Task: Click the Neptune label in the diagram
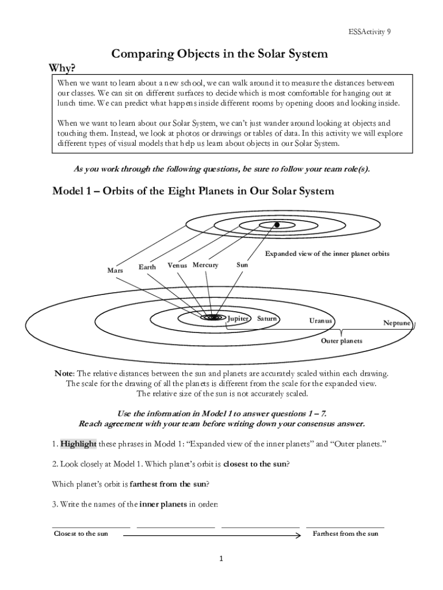[x=397, y=323]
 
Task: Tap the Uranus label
[x=320, y=320]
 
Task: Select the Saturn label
[x=268, y=318]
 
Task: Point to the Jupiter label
[x=238, y=318]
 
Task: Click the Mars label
[x=115, y=270]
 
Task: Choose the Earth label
[x=147, y=267]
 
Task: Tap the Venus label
[x=177, y=265]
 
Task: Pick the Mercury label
[x=205, y=265]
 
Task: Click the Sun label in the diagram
[x=242, y=265]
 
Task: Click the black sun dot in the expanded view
[x=277, y=225]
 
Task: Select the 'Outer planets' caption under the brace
[x=342, y=341]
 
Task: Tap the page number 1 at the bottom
[x=221, y=558]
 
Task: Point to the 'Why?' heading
[x=62, y=69]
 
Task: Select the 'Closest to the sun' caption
[x=81, y=534]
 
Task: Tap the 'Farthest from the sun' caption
[x=345, y=534]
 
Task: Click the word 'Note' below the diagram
[x=64, y=373]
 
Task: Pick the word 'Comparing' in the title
[x=142, y=54]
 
